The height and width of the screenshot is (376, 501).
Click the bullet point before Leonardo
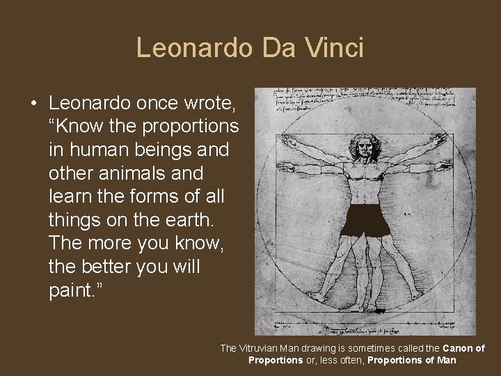[33, 104]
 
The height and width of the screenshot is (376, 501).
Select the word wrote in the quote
[212, 104]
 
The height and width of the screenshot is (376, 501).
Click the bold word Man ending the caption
[446, 360]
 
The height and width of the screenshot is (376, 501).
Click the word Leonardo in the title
[196, 48]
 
